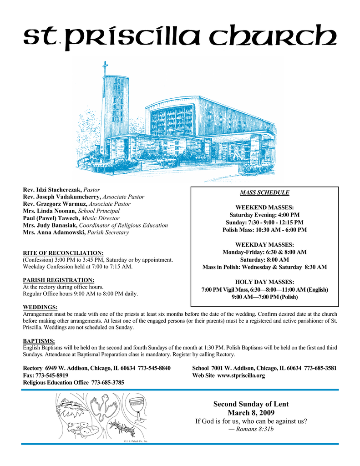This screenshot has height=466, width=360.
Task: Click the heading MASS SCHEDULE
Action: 264,192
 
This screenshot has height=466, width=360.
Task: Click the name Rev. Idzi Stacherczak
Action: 52,189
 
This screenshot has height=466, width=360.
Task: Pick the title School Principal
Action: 99,211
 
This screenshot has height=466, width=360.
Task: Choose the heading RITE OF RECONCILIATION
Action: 63,253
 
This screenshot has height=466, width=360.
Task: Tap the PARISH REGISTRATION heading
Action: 58,280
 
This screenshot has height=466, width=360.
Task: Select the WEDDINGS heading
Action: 40,308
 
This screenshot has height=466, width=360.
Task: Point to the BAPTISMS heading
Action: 39,341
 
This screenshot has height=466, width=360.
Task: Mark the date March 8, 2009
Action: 251,413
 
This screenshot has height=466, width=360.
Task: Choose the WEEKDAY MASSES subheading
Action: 264,245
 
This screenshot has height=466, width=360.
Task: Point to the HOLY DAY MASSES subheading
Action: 264,282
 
